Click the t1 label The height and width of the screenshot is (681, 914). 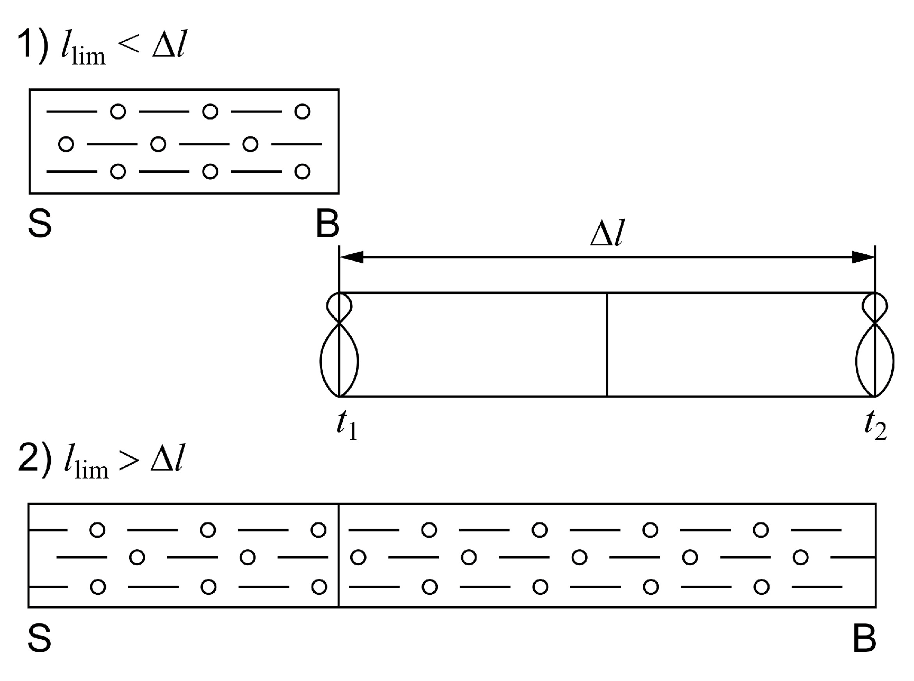[x=347, y=426]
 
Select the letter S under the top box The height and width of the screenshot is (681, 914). [x=40, y=224]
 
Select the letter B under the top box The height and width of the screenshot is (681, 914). [x=327, y=224]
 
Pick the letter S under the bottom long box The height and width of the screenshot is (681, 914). [x=40, y=638]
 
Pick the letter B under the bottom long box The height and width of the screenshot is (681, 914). [x=864, y=638]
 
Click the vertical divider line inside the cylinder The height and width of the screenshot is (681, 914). [x=607, y=344]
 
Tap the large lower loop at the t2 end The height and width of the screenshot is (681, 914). [x=875, y=362]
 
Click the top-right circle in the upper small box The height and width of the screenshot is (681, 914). [x=302, y=112]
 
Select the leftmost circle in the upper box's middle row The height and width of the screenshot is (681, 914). [x=66, y=144]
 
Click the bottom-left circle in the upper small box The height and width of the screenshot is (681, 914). [x=118, y=171]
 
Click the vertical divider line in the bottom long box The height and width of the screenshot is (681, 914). [x=339, y=556]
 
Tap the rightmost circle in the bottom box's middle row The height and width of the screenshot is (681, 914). [x=801, y=557]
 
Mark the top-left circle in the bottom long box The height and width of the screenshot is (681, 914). [x=97, y=530]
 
